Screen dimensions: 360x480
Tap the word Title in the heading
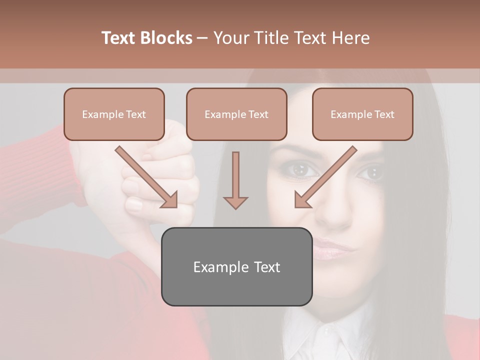[274, 38]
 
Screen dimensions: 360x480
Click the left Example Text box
[114, 114]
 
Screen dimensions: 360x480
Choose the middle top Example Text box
[236, 114]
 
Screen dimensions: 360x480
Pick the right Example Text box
[362, 114]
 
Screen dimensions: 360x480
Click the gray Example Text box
[236, 266]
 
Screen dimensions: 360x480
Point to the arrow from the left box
[146, 177]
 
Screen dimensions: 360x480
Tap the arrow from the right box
[325, 177]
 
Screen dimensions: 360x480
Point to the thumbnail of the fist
[133, 205]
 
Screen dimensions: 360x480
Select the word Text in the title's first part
[119, 38]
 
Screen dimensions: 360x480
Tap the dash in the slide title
[202, 38]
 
